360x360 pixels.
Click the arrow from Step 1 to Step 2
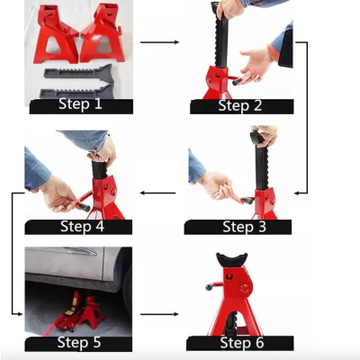[x=160, y=41]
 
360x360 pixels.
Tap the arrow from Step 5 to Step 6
[x=160, y=314]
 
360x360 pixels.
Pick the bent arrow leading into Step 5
[x=15, y=252]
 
